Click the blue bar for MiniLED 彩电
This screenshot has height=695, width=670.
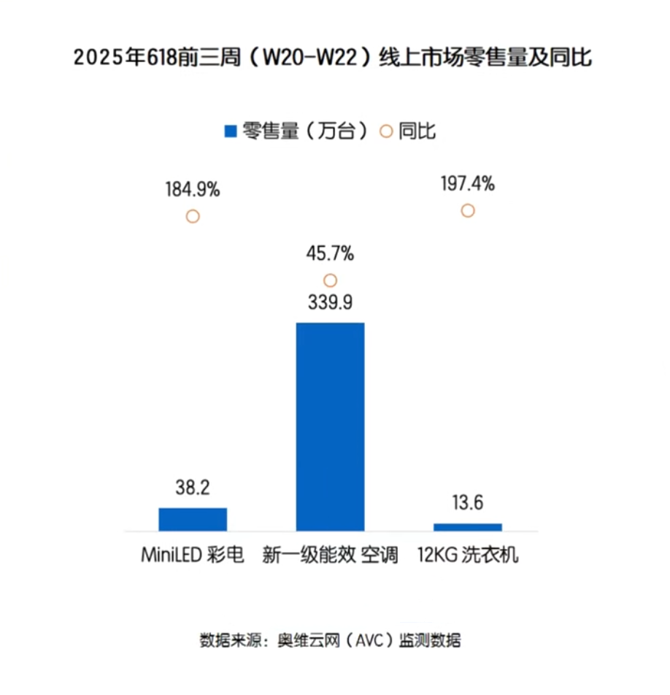pos(193,518)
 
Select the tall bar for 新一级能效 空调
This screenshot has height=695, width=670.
pos(330,426)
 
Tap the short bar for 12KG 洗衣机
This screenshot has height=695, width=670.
pos(468,526)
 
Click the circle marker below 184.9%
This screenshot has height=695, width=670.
pos(193,217)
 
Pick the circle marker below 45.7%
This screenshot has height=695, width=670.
pos(330,280)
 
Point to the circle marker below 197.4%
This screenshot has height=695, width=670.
pos(468,210)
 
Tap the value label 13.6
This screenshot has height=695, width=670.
pos(468,504)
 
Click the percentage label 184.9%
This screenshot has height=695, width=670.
pos(193,191)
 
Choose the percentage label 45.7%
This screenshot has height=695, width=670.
pos(330,254)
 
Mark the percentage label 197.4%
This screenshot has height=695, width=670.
pos(468,184)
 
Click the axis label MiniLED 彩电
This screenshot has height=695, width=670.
pos(192,555)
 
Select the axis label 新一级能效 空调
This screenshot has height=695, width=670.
pos(331,555)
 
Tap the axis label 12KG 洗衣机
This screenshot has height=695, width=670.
pos(468,555)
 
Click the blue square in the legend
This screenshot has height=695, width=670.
pos(230,131)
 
